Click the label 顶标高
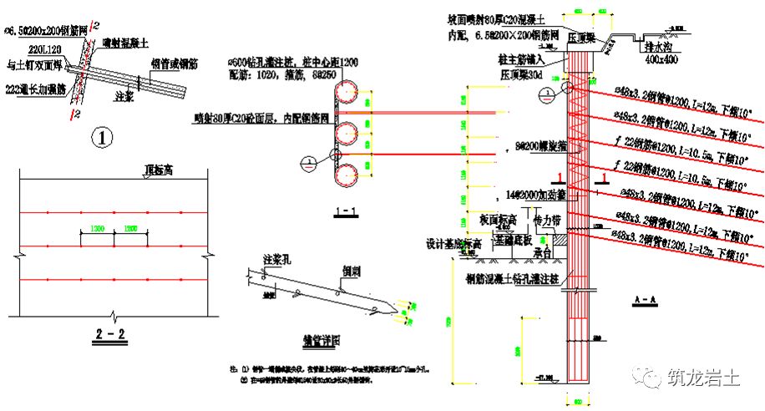pyautogui.click(x=159, y=169)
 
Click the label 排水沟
pyautogui.click(x=660, y=48)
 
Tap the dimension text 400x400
pyautogui.click(x=661, y=61)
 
